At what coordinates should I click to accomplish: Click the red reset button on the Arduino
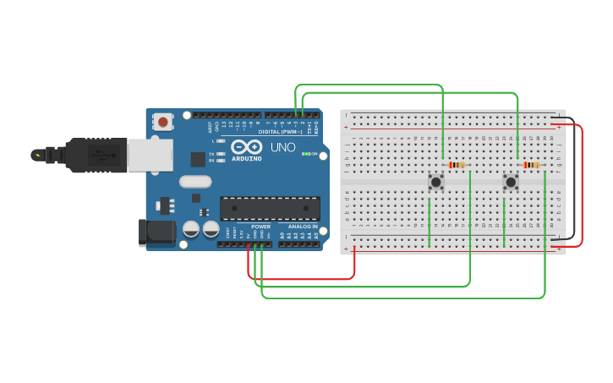[162, 122]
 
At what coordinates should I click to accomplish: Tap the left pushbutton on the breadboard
[435, 181]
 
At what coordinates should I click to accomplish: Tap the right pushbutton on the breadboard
[511, 181]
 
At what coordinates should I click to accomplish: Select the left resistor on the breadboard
[457, 165]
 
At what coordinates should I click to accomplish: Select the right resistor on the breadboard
[531, 165]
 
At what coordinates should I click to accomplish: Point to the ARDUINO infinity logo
[247, 147]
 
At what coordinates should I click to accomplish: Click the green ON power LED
[304, 154]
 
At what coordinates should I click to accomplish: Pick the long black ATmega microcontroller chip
[270, 208]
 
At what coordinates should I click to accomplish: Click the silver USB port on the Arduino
[150, 155]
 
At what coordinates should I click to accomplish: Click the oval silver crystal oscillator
[195, 181]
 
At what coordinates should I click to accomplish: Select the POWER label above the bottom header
[261, 227]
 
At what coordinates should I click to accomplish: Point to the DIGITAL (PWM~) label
[282, 132]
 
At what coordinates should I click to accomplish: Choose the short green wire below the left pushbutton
[430, 222]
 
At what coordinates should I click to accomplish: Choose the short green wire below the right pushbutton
[504, 222]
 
